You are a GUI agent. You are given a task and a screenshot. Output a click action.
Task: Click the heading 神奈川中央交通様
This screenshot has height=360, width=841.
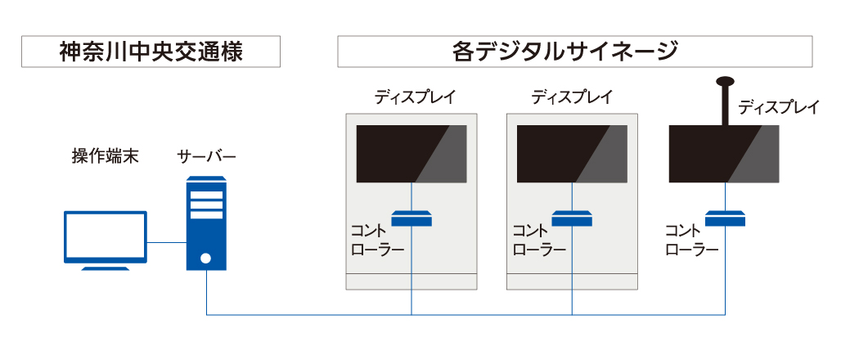pos(151,52)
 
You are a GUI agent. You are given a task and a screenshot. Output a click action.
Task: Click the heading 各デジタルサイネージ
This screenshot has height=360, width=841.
pos(574,52)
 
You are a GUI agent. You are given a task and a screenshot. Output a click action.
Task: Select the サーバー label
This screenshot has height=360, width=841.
pos(207,155)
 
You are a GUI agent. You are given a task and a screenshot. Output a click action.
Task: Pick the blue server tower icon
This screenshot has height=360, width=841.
pos(206,224)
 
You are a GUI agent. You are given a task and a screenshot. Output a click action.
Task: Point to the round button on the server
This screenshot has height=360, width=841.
pos(206,259)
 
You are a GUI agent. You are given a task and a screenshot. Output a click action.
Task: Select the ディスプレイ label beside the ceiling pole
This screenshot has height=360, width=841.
pos(778,107)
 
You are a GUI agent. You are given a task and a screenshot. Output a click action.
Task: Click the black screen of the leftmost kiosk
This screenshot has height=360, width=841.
pos(411,153)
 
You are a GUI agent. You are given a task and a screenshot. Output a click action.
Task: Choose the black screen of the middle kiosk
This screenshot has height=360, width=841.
pos(571,153)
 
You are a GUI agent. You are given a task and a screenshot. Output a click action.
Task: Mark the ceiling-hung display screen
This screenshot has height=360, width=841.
pos(724,153)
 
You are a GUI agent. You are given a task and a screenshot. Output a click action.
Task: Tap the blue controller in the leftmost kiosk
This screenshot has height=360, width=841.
pos(411,218)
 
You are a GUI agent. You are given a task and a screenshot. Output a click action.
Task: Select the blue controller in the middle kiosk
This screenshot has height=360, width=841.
pos(571,218)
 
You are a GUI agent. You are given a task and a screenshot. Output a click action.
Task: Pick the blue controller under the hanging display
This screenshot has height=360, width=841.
pos(725,218)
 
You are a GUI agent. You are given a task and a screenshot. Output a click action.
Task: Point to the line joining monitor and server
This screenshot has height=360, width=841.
pos(167,242)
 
